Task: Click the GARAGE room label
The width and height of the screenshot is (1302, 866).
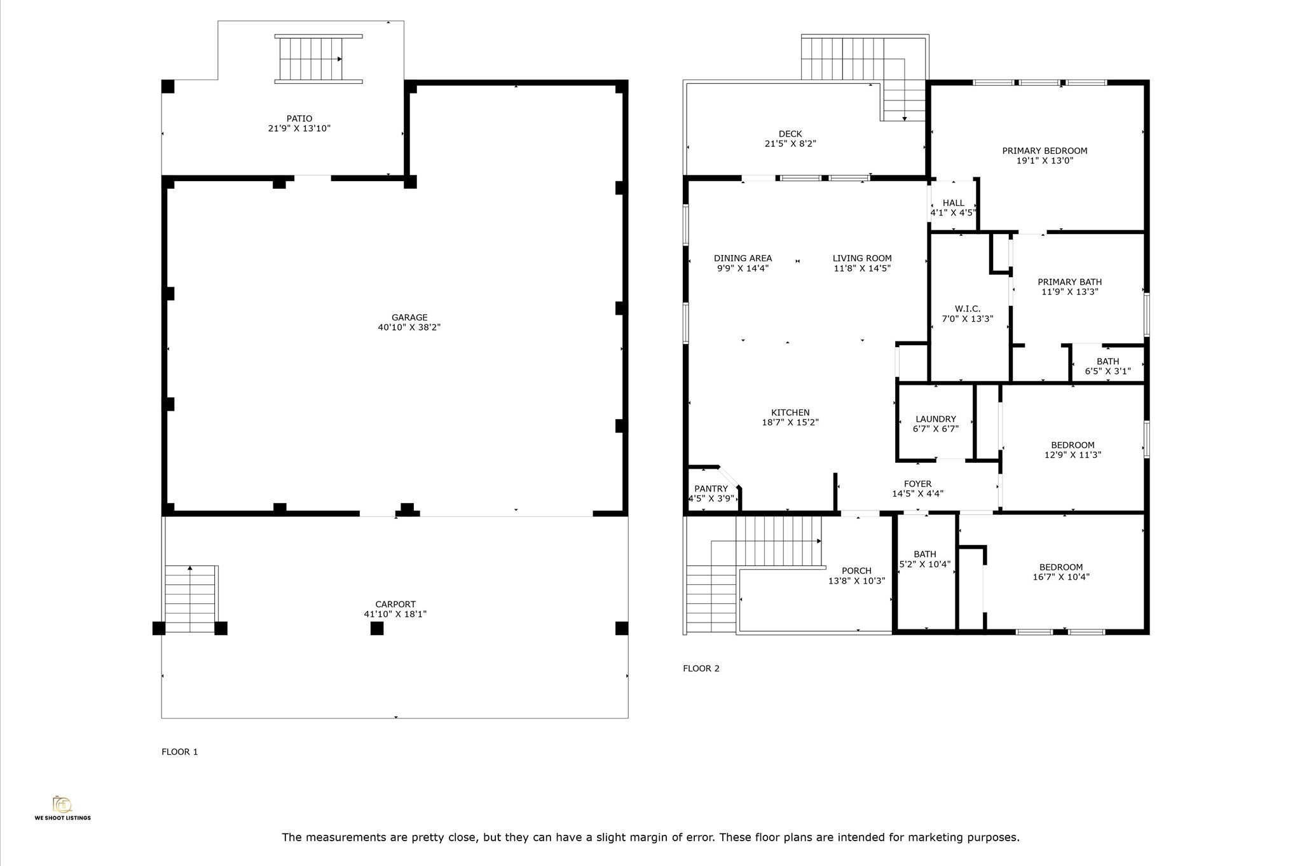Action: [409, 318]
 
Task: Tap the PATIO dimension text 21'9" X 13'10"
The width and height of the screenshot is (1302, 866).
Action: [299, 128]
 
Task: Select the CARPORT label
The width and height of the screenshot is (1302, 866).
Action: [395, 605]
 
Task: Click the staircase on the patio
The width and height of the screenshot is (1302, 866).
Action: [319, 59]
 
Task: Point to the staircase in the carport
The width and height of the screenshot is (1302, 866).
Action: [191, 599]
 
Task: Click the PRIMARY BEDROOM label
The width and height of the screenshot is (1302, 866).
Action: [1045, 151]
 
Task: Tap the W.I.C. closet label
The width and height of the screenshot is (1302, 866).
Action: [967, 309]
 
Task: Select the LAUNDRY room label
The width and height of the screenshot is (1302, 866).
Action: [936, 419]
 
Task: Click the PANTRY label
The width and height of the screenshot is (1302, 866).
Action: [711, 489]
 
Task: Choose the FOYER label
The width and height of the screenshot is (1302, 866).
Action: [917, 484]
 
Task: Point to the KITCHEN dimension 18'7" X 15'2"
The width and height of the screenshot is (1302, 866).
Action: [790, 422]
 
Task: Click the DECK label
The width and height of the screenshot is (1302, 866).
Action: [790, 134]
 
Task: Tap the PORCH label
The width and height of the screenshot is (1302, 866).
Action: [856, 571]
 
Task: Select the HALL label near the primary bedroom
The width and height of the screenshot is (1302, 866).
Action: [953, 203]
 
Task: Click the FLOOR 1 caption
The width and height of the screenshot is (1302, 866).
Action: [180, 752]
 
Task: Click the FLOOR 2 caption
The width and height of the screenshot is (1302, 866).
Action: [701, 668]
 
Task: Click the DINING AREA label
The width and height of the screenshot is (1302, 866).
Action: [743, 258]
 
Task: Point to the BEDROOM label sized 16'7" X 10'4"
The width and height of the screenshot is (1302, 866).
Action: [1060, 568]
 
